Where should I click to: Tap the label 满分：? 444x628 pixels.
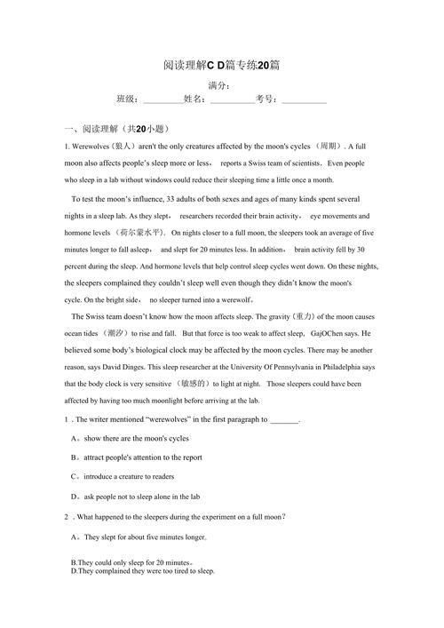pyautogui.click(x=220, y=85)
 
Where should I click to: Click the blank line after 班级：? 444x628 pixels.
pyautogui.click(x=163, y=100)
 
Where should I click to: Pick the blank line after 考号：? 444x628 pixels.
pyautogui.click(x=304, y=100)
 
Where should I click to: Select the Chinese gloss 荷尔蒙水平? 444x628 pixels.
pyautogui.click(x=140, y=233)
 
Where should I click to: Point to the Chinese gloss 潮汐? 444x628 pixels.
pyautogui.click(x=115, y=333)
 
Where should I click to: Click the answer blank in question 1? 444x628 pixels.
pyautogui.click(x=285, y=419)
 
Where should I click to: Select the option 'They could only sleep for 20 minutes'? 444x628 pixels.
pyautogui.click(x=131, y=562)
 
